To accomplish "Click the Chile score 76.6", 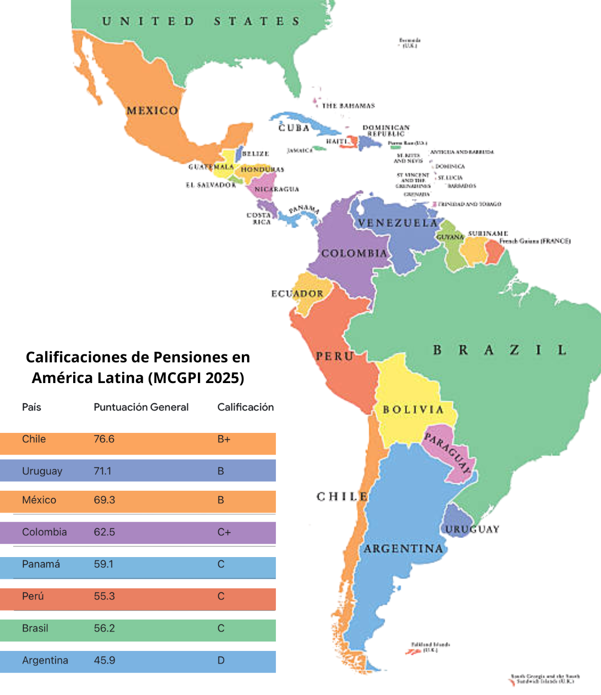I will (x=104, y=439).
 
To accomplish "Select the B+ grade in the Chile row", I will (x=224, y=439).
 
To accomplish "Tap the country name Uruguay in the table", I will (x=42, y=471).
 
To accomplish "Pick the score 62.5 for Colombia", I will (x=104, y=532).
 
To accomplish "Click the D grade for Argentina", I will (x=221, y=661).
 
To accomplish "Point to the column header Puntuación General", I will (x=141, y=407).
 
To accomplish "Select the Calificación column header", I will (x=246, y=407).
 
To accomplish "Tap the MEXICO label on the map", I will (x=152, y=111).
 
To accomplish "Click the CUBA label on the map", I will (x=294, y=128).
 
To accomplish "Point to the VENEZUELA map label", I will (x=398, y=223).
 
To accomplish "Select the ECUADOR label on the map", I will (x=297, y=293).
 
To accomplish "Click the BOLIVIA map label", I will (x=413, y=410).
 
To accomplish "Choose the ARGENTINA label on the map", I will (x=403, y=549).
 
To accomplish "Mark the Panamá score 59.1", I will (x=103, y=564).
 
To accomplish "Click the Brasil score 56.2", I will (x=104, y=628).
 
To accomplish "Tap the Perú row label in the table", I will (x=33, y=596).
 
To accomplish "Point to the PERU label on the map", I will (x=335, y=357).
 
